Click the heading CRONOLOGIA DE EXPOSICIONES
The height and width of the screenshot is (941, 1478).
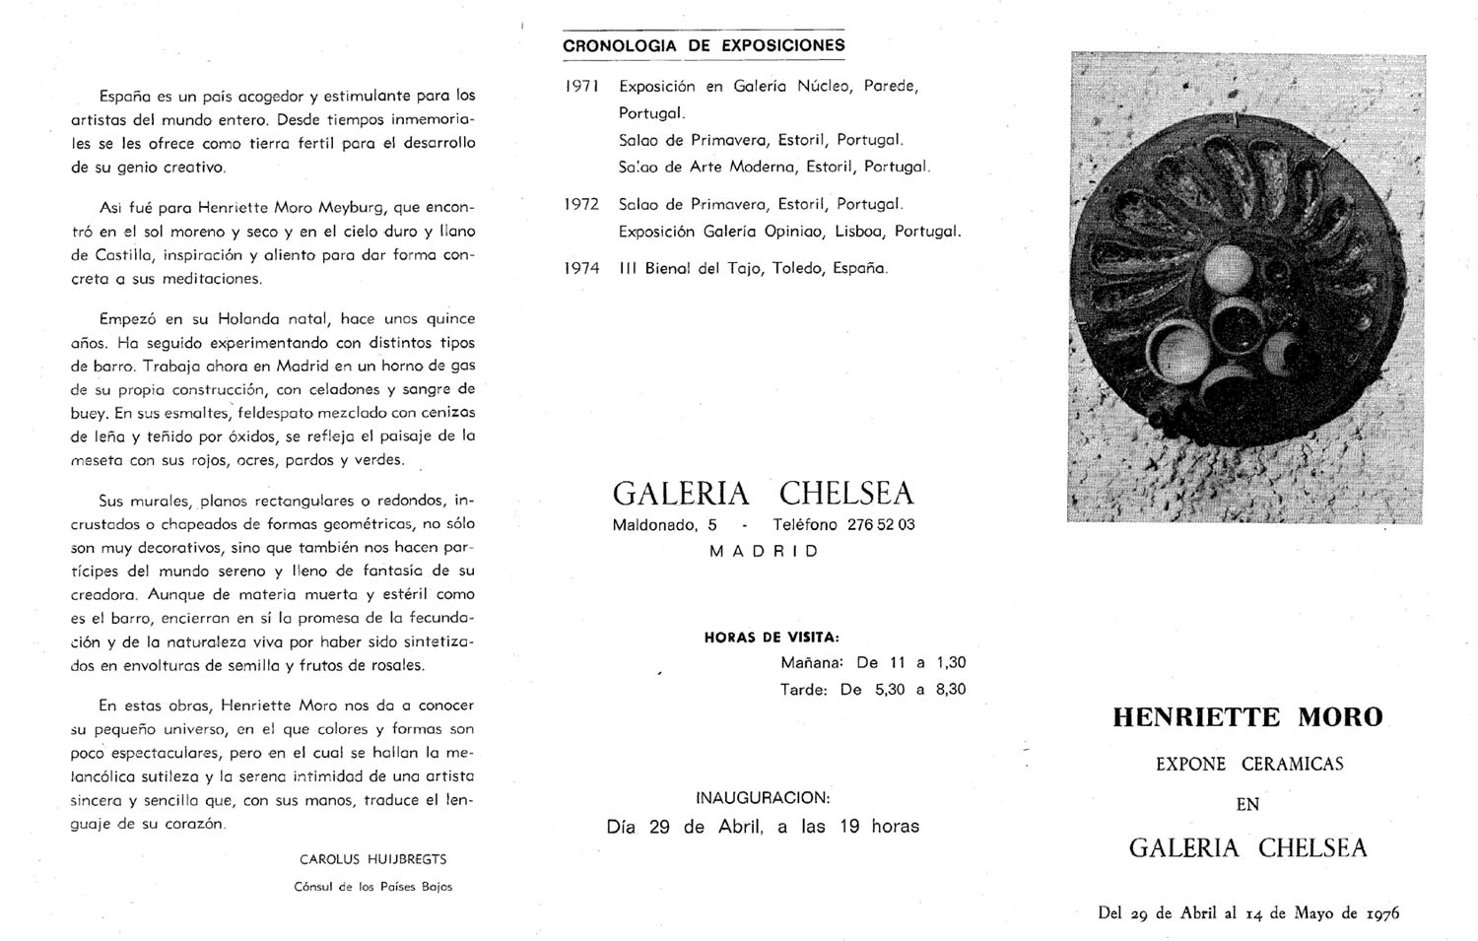click(704, 45)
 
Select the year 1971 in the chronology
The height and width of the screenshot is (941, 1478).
click(582, 87)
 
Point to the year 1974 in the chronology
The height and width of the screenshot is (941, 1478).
click(582, 268)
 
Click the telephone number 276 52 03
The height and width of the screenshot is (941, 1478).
click(881, 524)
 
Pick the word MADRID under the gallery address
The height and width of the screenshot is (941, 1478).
click(764, 552)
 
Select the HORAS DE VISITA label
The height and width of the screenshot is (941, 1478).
click(772, 638)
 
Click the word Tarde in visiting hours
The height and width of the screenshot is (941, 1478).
click(803, 690)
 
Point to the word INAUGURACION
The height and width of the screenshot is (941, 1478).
click(763, 797)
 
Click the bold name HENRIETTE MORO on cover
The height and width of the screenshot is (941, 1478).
click(1247, 717)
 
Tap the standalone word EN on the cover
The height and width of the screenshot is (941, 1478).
click(1247, 805)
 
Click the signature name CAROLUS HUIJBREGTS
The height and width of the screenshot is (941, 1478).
click(372, 859)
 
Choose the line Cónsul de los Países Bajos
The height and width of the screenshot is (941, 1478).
click(372, 887)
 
